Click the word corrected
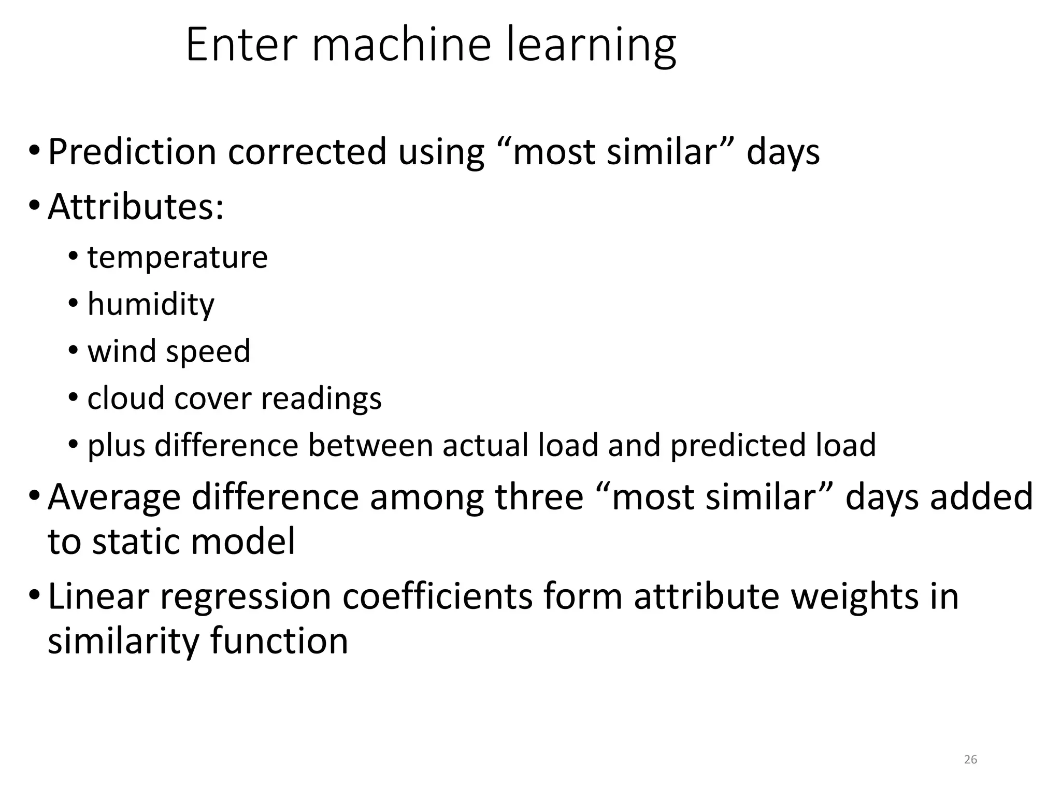click(x=307, y=152)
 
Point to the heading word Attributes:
click(x=136, y=207)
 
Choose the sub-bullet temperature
click(x=177, y=257)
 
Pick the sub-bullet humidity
click(x=150, y=304)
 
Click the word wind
click(x=121, y=351)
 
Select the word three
click(x=539, y=496)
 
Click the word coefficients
click(x=437, y=596)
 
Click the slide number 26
click(x=970, y=760)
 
